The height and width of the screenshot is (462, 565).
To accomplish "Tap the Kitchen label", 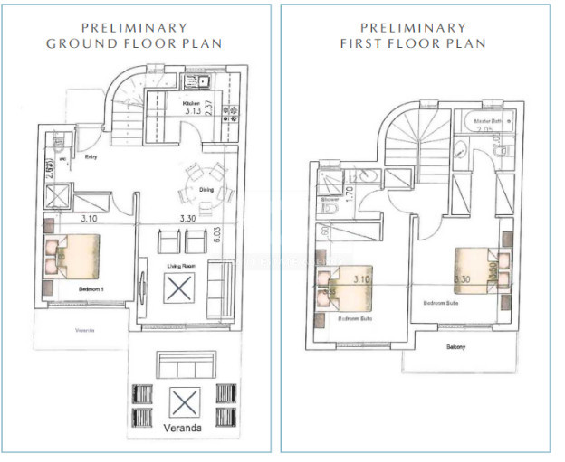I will click(x=191, y=105).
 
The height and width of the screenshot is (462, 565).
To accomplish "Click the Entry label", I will click(x=91, y=157).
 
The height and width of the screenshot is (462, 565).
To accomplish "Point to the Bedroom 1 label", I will click(x=91, y=288).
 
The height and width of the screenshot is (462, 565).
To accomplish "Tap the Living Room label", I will click(x=182, y=266).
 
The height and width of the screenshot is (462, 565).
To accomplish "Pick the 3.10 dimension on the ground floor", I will click(x=89, y=219).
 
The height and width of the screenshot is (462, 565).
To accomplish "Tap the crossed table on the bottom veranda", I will click(x=184, y=400).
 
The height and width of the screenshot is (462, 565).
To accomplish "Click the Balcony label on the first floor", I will click(x=455, y=346).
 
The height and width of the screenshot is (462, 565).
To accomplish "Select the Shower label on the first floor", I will click(x=330, y=201).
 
